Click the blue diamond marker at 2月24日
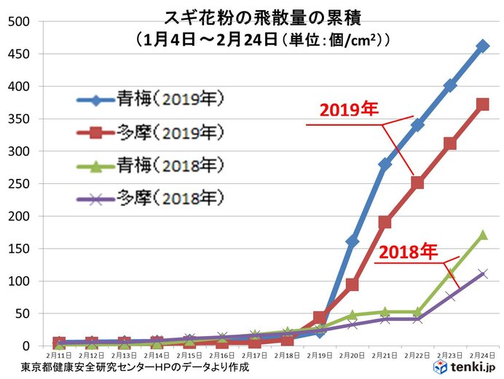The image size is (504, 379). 482,46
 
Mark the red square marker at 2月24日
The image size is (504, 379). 482,105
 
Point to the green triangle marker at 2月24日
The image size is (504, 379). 482,234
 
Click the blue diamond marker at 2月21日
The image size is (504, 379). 385,164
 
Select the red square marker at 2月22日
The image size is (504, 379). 417,183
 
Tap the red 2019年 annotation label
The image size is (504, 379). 349,110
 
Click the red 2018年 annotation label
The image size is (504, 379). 407,252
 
